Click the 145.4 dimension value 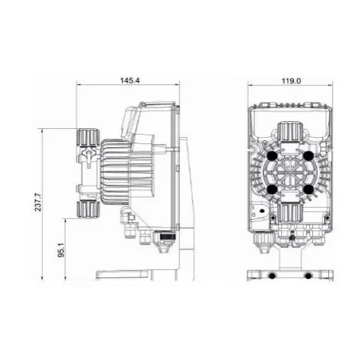point(130,80)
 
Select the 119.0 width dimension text point(292,81)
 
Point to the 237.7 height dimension point(38,202)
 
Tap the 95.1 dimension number point(61,250)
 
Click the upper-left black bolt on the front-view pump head point(272,156)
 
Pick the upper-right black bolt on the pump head point(308,156)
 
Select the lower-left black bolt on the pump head point(272,190)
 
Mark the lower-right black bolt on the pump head point(308,190)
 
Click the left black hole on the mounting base point(272,276)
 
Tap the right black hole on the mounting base point(308,276)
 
